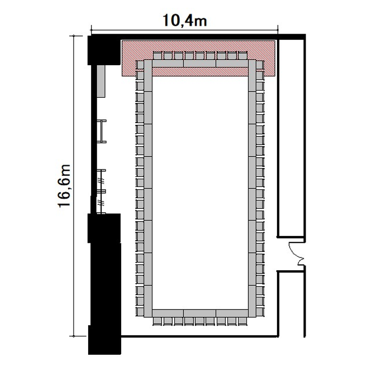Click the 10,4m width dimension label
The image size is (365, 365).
point(184,20)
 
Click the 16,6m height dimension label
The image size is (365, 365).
point(64,186)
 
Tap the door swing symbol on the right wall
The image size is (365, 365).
point(296,254)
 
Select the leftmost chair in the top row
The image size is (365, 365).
point(157,55)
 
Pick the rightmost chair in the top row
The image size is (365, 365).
point(242,55)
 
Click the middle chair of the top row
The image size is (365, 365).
point(200,55)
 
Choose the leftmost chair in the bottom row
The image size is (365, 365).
point(157,321)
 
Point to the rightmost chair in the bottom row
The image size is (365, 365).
point(242,321)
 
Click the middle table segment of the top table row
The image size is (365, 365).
point(200,64)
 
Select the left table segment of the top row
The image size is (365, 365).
point(168,64)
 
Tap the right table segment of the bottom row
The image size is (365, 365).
point(232,313)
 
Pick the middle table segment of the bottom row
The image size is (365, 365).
point(200,313)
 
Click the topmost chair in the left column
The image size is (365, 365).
point(140,65)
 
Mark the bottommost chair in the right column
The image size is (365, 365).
point(260,311)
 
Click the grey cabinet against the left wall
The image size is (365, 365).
point(101,81)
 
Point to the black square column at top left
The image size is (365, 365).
point(104,50)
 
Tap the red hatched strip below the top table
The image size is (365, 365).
point(200,72)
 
